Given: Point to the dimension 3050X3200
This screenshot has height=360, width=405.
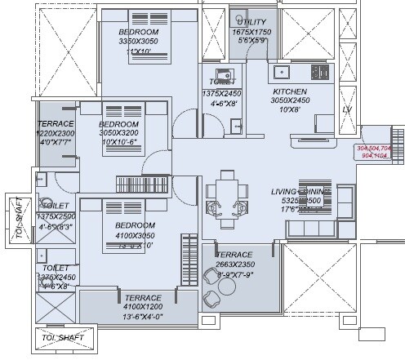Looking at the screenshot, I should (120, 131).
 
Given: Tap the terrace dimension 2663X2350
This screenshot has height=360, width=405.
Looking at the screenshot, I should (238, 241).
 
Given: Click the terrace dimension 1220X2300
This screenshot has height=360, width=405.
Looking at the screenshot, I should (56, 133).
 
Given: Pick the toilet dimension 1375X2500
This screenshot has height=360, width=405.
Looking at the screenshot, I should (55, 216).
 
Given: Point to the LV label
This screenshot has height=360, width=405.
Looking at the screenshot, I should (346, 109).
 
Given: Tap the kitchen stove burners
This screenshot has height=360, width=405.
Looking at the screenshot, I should (321, 72).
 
